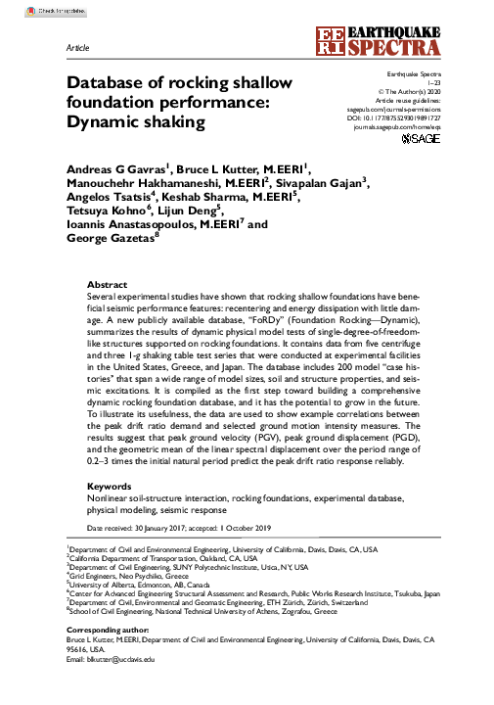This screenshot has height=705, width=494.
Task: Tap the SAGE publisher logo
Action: (x=423, y=140)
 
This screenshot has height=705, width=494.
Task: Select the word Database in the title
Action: (x=107, y=83)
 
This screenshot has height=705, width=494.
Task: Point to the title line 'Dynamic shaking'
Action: (x=136, y=122)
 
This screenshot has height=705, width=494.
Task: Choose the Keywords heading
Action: (x=110, y=486)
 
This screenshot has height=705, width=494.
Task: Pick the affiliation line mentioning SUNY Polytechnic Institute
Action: (x=186, y=567)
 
